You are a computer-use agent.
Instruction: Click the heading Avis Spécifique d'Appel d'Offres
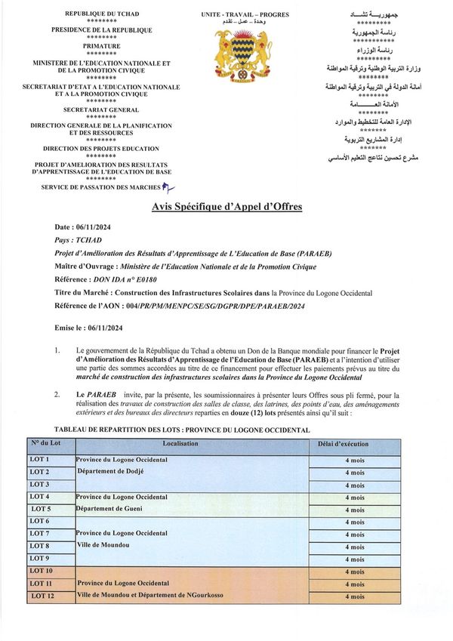click(x=227, y=206)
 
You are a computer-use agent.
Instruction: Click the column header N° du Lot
click(x=48, y=443)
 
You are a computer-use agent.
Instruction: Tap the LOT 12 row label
click(x=42, y=596)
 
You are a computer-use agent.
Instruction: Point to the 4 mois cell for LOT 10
click(x=354, y=572)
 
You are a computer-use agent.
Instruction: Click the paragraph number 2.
click(x=57, y=395)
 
